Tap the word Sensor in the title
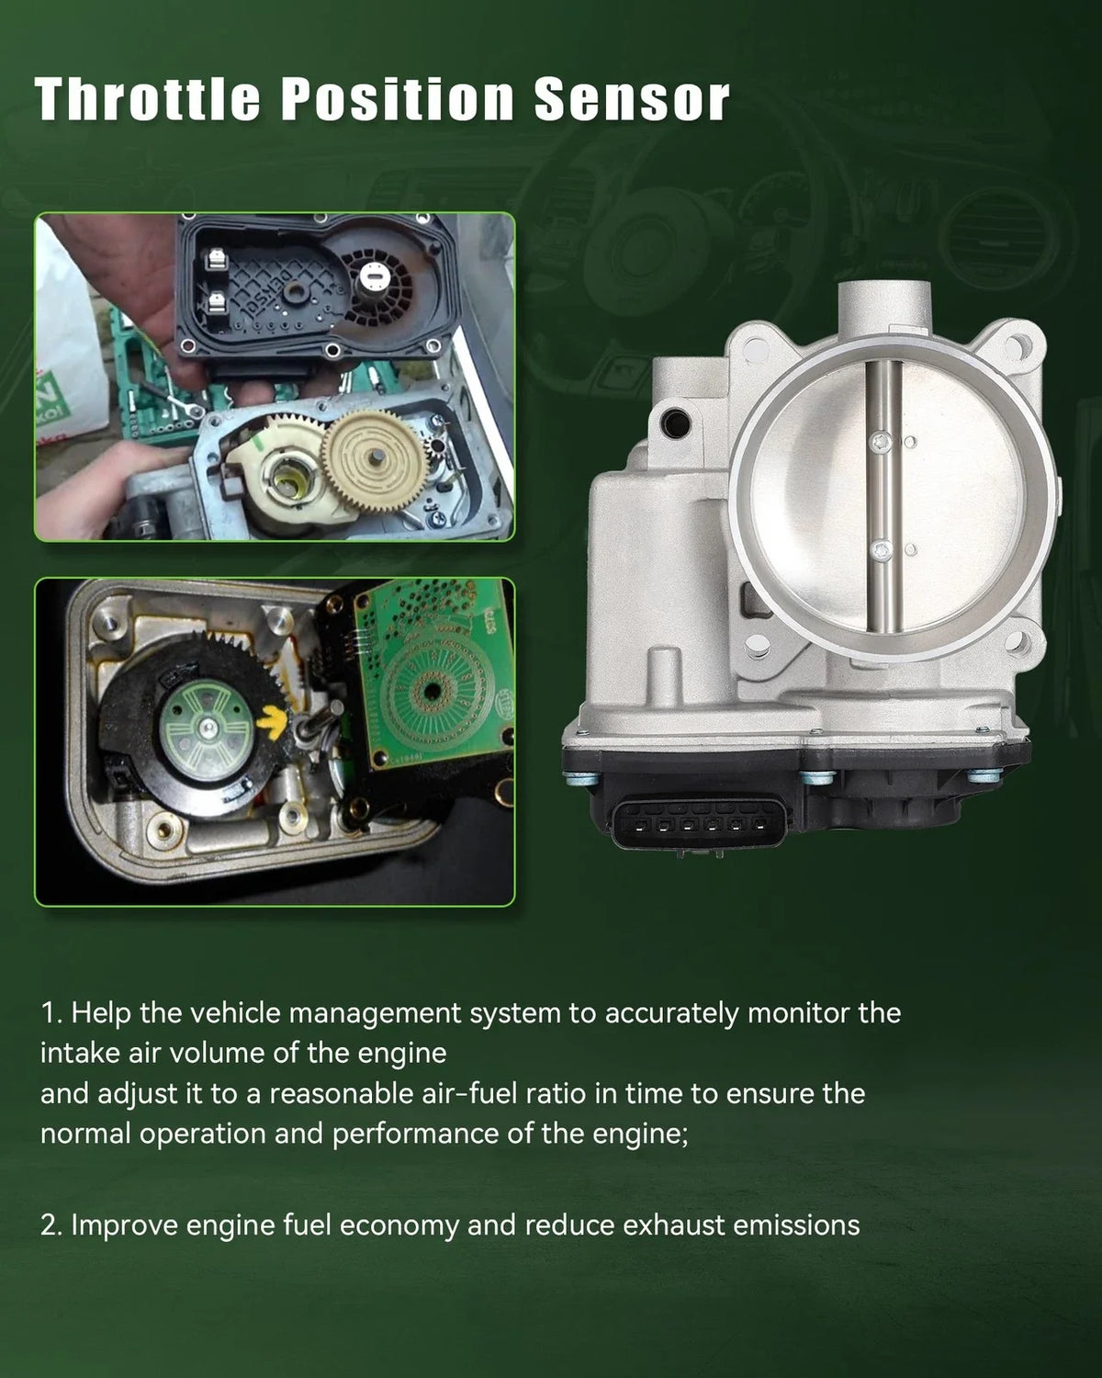pyautogui.click(x=632, y=99)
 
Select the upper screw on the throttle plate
pyautogui.click(x=881, y=441)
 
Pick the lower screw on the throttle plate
pyautogui.click(x=882, y=548)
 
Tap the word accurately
pyautogui.click(x=671, y=1014)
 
